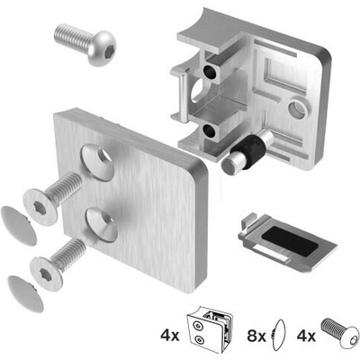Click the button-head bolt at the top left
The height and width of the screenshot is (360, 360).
(x=85, y=44)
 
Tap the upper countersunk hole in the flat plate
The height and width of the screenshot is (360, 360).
(x=98, y=162)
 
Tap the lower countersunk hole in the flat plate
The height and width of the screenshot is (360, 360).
(x=102, y=225)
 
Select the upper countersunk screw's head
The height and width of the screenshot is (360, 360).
(x=40, y=207)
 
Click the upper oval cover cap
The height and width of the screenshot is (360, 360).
(x=19, y=226)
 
